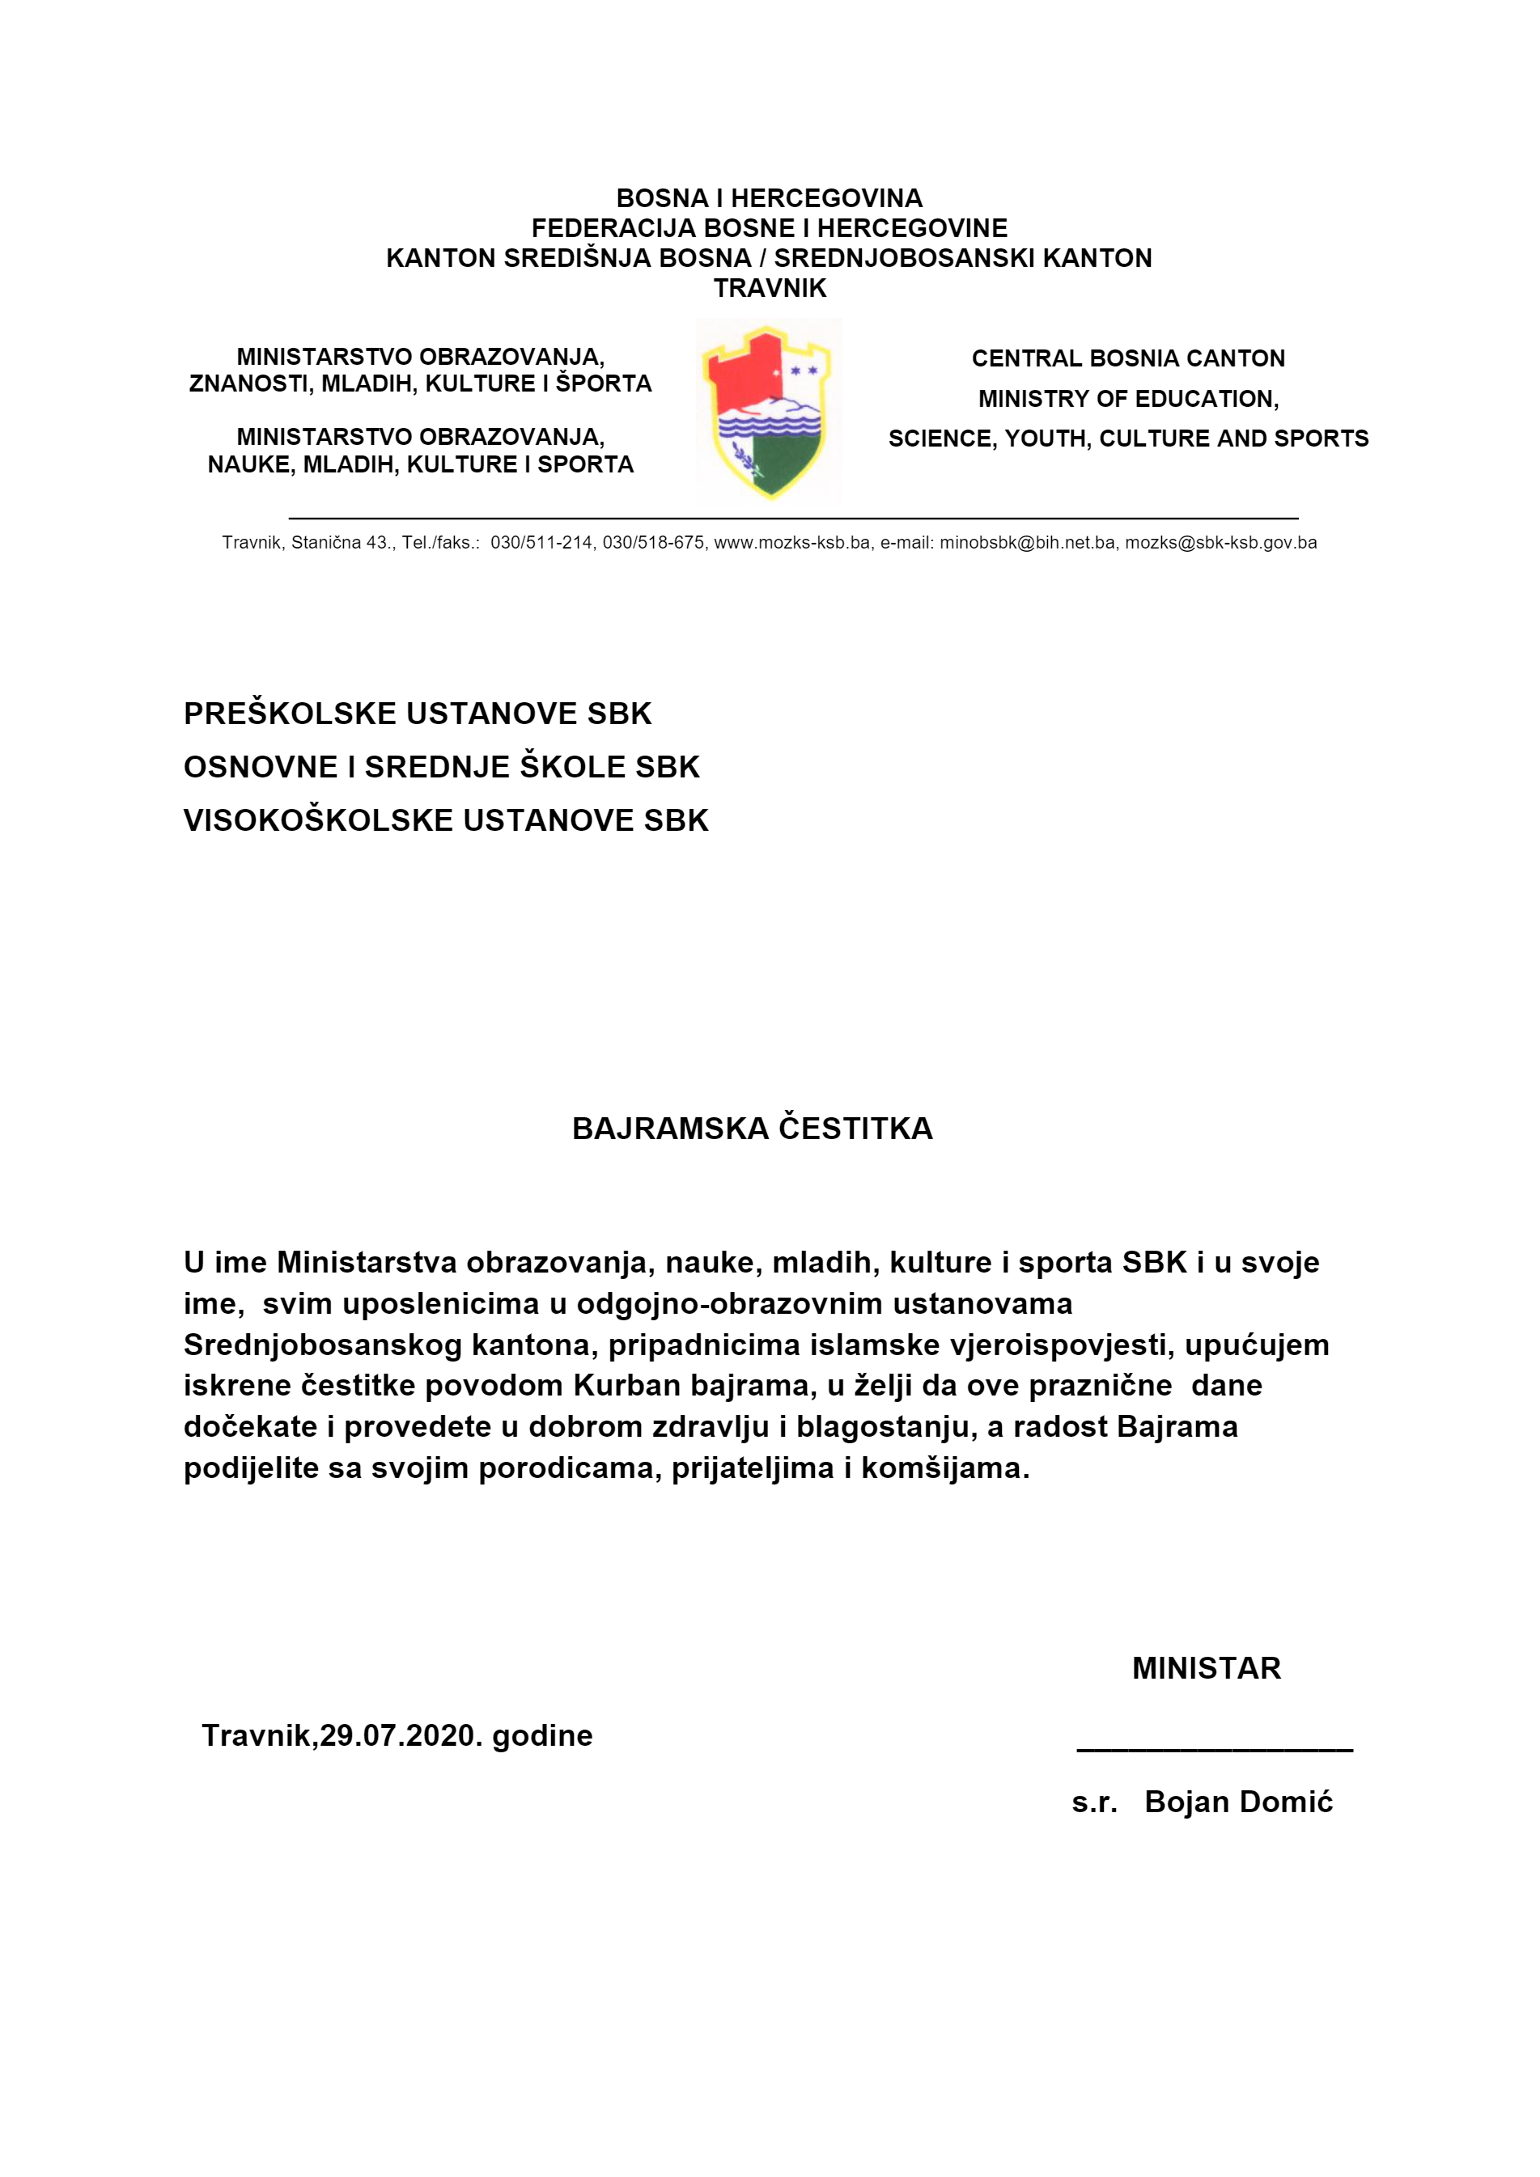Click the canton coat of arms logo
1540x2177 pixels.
tap(769, 412)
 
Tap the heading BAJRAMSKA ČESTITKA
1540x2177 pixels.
tap(752, 1129)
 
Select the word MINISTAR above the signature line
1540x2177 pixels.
tap(1207, 1668)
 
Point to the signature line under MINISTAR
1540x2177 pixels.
tap(1214, 1748)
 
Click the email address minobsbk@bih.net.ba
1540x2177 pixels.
tap(1027, 542)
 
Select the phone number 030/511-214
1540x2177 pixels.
tap(541, 542)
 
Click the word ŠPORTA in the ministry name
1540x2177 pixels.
tap(604, 384)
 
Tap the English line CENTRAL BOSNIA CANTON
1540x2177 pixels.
tap(1127, 358)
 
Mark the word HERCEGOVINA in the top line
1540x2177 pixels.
tap(826, 198)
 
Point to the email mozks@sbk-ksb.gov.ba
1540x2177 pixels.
tap(1220, 542)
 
